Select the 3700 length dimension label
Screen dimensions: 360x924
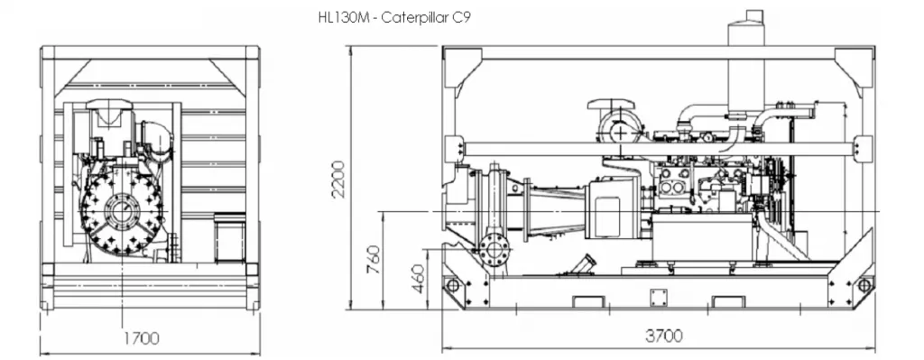click(663, 336)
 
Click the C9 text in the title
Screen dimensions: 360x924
click(458, 19)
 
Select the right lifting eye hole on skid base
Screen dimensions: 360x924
click(863, 286)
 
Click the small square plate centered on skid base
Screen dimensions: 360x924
click(658, 298)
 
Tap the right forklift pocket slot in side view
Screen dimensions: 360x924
click(726, 301)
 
